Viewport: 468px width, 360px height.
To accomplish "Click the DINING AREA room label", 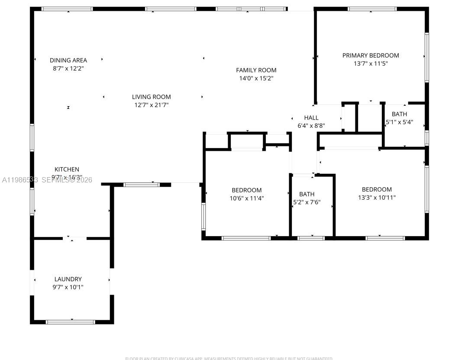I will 68,60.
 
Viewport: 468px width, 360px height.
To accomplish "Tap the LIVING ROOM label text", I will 151,97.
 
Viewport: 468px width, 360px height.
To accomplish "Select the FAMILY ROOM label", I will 256,70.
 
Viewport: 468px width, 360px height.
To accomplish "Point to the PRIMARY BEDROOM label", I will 371,55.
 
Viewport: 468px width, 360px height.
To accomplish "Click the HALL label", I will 311,117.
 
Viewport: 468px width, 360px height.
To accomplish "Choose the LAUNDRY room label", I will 68,279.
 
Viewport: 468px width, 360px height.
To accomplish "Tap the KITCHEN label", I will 67,169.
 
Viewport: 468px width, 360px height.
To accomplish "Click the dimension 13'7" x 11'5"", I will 371,63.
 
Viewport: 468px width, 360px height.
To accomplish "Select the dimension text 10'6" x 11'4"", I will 246,198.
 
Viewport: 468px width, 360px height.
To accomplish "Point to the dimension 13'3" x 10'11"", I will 377,198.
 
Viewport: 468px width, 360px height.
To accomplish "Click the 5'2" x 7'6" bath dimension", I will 307,202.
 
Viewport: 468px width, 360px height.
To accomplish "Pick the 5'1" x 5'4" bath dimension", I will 399,122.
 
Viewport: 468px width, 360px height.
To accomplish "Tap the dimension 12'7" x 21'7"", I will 151,105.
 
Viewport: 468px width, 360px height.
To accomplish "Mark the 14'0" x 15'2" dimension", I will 256,78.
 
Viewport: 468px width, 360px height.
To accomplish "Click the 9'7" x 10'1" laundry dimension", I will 68,287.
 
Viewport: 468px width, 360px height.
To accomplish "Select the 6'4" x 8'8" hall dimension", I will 311,126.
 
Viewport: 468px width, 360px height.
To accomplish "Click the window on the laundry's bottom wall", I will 70,322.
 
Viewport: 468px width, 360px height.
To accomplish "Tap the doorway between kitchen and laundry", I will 74,238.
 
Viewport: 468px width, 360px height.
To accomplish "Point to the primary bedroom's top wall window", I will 372,9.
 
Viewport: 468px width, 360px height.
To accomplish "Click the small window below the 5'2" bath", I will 311,238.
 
